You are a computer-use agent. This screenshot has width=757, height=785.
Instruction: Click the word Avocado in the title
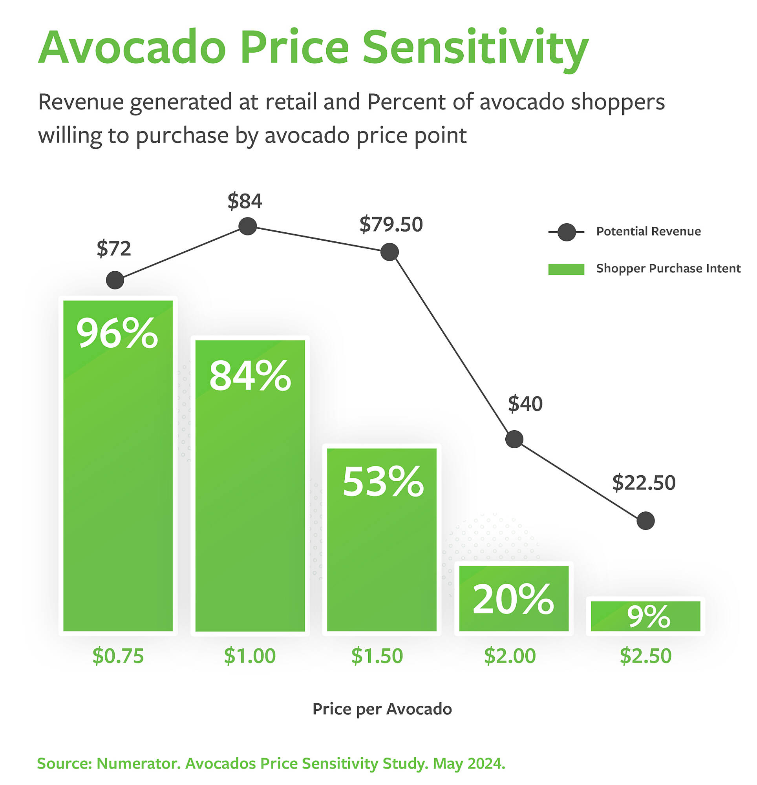pos(132,47)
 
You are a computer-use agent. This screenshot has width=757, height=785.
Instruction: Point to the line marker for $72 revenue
pos(115,280)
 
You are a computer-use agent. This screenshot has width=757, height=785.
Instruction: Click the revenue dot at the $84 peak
pos(248,226)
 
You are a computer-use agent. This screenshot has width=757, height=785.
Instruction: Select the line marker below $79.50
pos(389,252)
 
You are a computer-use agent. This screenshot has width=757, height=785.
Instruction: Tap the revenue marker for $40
pos(514,439)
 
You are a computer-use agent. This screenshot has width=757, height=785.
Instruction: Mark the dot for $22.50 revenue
pos(645,521)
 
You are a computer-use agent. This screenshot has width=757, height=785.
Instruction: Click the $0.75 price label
pos(118,656)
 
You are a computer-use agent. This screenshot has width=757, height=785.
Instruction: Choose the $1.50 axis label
pos(377,656)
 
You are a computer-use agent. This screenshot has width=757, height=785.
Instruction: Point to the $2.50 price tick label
pos(645,656)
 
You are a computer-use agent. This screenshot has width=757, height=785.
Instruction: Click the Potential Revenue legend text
pos(648,232)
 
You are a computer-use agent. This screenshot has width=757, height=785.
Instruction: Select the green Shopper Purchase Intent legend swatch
pos(566,269)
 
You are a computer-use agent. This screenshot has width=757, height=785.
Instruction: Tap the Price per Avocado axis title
pos(382,709)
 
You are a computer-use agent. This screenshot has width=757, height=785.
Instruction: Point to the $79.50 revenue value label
pos(391,224)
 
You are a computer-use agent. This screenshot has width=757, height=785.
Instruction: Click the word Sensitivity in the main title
pos(475,47)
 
